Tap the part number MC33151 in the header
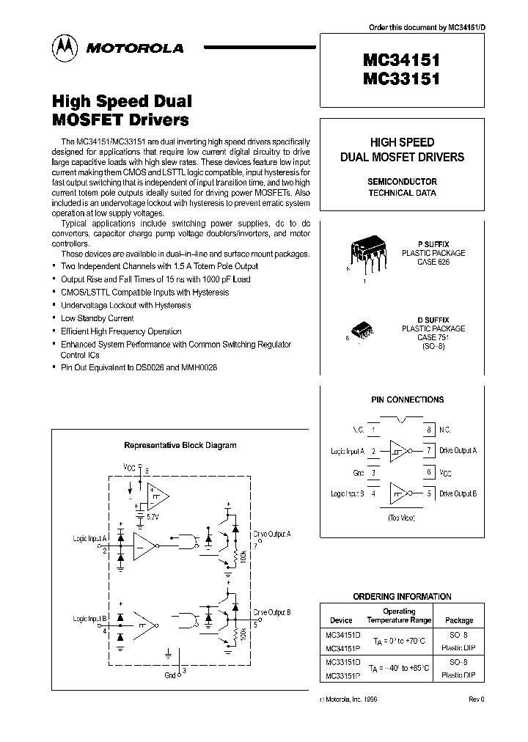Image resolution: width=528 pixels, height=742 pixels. click(400, 79)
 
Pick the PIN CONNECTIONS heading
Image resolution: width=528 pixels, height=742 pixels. click(407, 400)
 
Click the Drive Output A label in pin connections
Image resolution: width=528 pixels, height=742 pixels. click(458, 450)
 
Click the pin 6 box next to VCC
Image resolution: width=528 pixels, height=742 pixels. click(428, 473)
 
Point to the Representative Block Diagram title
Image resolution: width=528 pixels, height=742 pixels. click(180, 445)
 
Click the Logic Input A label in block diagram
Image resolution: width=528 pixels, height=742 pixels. click(90, 538)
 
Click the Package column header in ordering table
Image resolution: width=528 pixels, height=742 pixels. click(460, 620)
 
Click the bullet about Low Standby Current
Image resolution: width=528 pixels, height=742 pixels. click(97, 318)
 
